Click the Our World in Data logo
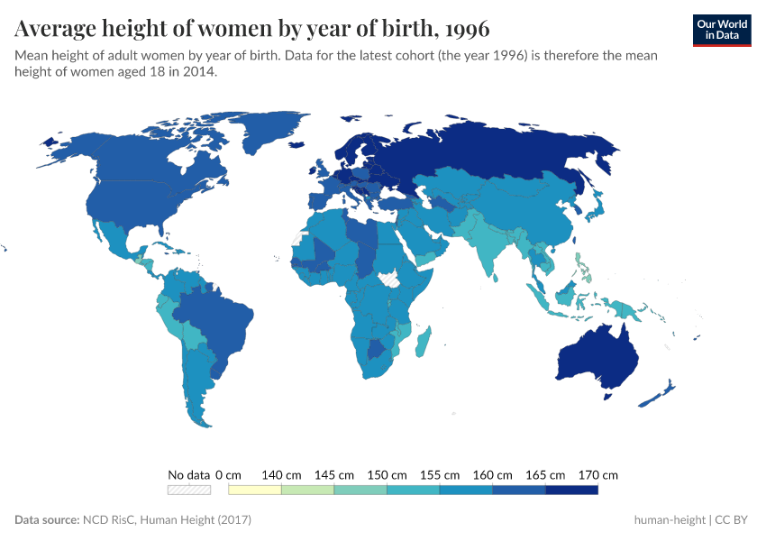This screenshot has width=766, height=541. (x=721, y=29)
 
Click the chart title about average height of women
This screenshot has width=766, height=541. (x=252, y=29)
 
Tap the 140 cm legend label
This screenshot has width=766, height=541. (x=280, y=474)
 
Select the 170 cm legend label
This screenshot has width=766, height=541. (x=598, y=474)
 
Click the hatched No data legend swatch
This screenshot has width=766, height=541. (x=189, y=490)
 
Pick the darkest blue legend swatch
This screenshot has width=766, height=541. (x=571, y=490)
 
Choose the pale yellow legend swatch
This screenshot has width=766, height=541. (x=255, y=490)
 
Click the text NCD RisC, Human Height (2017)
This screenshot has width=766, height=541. (x=167, y=520)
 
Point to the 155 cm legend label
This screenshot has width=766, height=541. (x=439, y=474)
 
